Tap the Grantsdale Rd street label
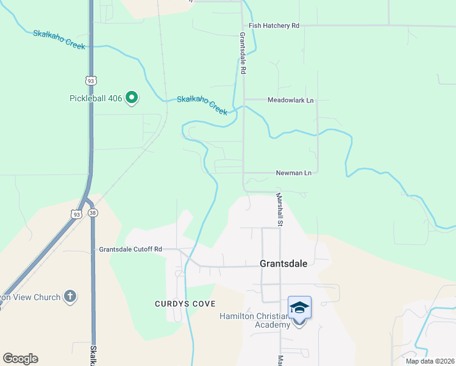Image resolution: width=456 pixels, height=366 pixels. click(x=242, y=53)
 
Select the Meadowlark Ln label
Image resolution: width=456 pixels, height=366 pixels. click(x=291, y=100)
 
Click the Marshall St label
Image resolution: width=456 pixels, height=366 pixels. click(x=279, y=210)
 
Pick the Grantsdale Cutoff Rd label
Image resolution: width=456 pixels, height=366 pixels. click(x=130, y=249)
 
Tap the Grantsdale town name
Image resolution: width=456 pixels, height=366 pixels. click(x=283, y=264)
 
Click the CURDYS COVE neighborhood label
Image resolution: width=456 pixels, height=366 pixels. click(x=181, y=303)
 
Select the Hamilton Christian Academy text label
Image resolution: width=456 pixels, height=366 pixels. click(x=255, y=320)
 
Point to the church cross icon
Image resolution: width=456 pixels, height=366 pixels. click(x=70, y=297)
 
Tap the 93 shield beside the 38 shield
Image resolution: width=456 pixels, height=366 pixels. click(x=76, y=214)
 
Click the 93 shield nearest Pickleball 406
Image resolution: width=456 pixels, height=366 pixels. click(x=90, y=81)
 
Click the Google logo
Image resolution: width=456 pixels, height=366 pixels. click(x=20, y=359)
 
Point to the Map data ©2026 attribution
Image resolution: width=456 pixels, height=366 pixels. click(x=430, y=361)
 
